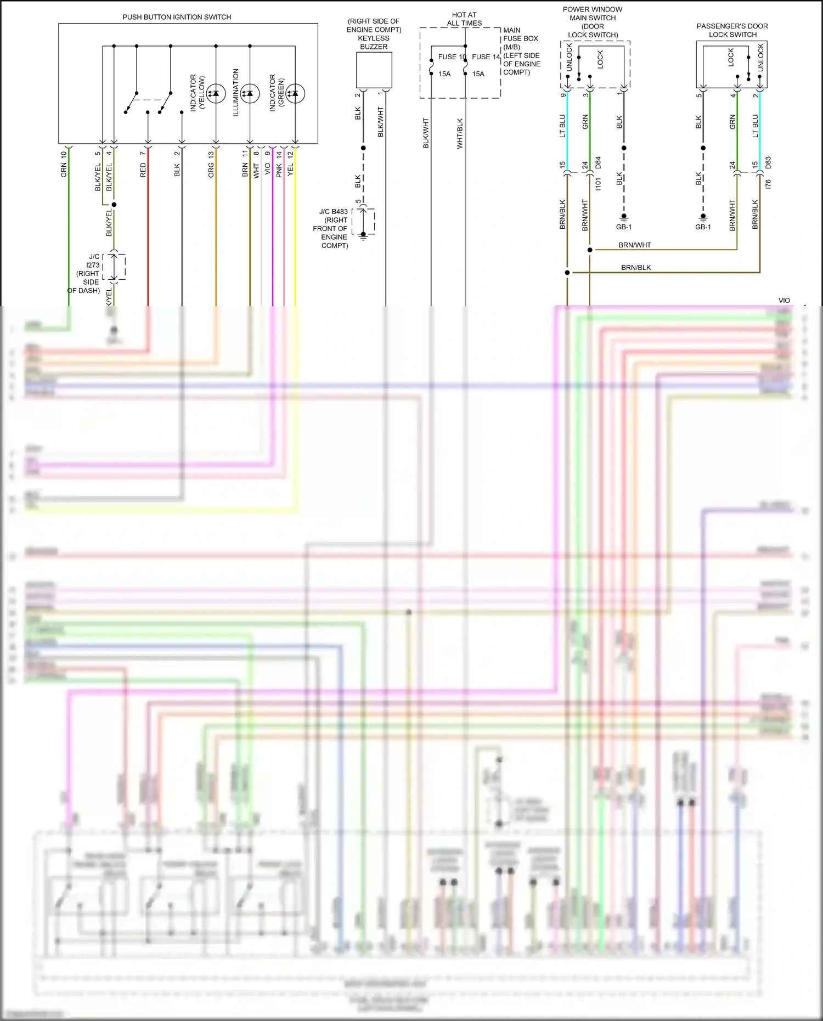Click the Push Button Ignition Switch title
(x=177, y=17)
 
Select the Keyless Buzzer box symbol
(x=374, y=70)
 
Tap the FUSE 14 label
(x=486, y=57)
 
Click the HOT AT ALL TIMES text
(x=464, y=19)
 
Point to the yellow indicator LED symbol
(x=216, y=94)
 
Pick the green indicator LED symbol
(x=295, y=94)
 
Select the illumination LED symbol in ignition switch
(x=250, y=94)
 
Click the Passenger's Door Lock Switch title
(x=732, y=30)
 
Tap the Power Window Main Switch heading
(x=593, y=14)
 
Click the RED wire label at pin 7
(x=143, y=170)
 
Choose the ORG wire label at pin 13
(x=211, y=170)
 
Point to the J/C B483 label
(x=334, y=211)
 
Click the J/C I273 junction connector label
(x=94, y=261)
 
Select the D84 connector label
(x=598, y=163)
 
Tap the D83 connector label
(x=768, y=163)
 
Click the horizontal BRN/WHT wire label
(x=634, y=245)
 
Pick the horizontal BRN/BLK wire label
(x=636, y=267)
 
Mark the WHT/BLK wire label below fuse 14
(x=460, y=133)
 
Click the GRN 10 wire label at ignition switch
(x=64, y=164)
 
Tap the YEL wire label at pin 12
(x=290, y=170)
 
